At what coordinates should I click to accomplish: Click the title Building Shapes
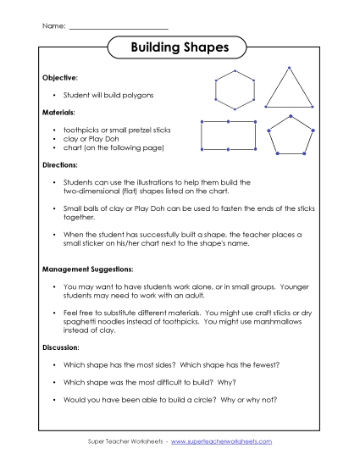[180, 48]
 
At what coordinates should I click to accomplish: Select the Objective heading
[60, 77]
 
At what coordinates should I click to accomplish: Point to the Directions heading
[61, 164]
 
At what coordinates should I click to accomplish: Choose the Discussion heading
[63, 347]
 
